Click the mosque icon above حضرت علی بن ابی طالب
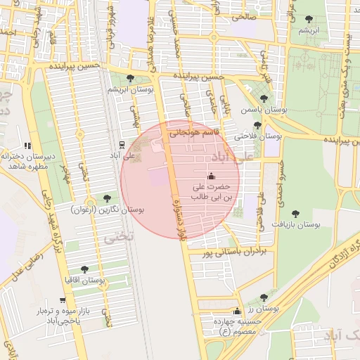tap(211, 176)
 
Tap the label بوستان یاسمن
tap(263, 110)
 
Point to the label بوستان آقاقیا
tap(84, 281)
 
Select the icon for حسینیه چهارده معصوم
tap(237, 312)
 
